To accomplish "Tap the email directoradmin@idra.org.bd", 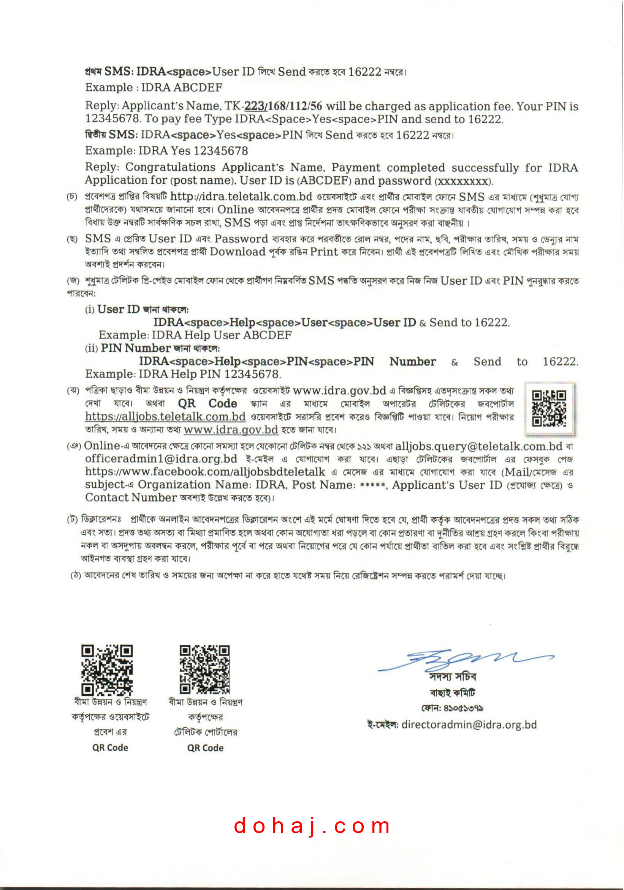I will click(x=469, y=725).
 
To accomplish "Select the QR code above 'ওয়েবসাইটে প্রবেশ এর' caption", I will click(x=107, y=670).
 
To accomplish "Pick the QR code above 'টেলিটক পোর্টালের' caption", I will click(x=204, y=669).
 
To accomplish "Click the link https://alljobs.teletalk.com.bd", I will click(x=165, y=417).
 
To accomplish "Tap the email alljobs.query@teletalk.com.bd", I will click(x=478, y=446).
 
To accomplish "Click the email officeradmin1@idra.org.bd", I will click(x=161, y=459).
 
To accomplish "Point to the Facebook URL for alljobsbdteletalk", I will click(x=205, y=472).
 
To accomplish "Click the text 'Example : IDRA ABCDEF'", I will click(x=154, y=88).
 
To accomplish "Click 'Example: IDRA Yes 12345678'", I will click(x=166, y=150).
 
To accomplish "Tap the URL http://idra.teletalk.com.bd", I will click(x=241, y=197).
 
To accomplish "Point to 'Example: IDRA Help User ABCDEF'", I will click(x=195, y=335).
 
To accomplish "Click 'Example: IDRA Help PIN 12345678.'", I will click(x=183, y=374).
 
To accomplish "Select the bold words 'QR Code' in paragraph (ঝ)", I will click(x=207, y=403).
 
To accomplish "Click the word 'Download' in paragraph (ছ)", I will click(x=238, y=252).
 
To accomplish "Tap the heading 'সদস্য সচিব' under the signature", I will click(x=453, y=677).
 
